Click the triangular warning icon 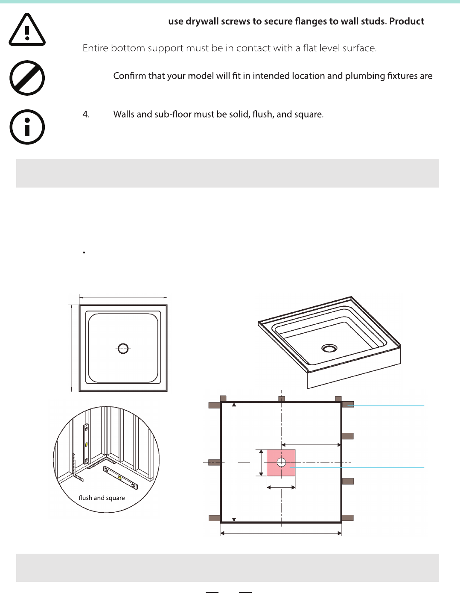coord(27,29)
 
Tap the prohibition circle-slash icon coord(27,78)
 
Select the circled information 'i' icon coord(27,127)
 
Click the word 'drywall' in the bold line coord(202,21)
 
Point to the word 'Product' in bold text coord(407,21)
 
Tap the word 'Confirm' coord(129,76)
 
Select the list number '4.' coord(86,114)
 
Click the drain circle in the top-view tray coord(123,349)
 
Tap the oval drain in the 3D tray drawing coord(329,348)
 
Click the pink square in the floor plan coord(281,463)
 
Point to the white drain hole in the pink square coord(281,463)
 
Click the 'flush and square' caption coord(102,498)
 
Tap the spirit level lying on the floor coord(120,478)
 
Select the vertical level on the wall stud coord(86,444)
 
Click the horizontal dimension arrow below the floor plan coord(281,533)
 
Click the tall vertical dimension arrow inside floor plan coord(234,462)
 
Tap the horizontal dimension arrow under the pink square coord(281,487)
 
